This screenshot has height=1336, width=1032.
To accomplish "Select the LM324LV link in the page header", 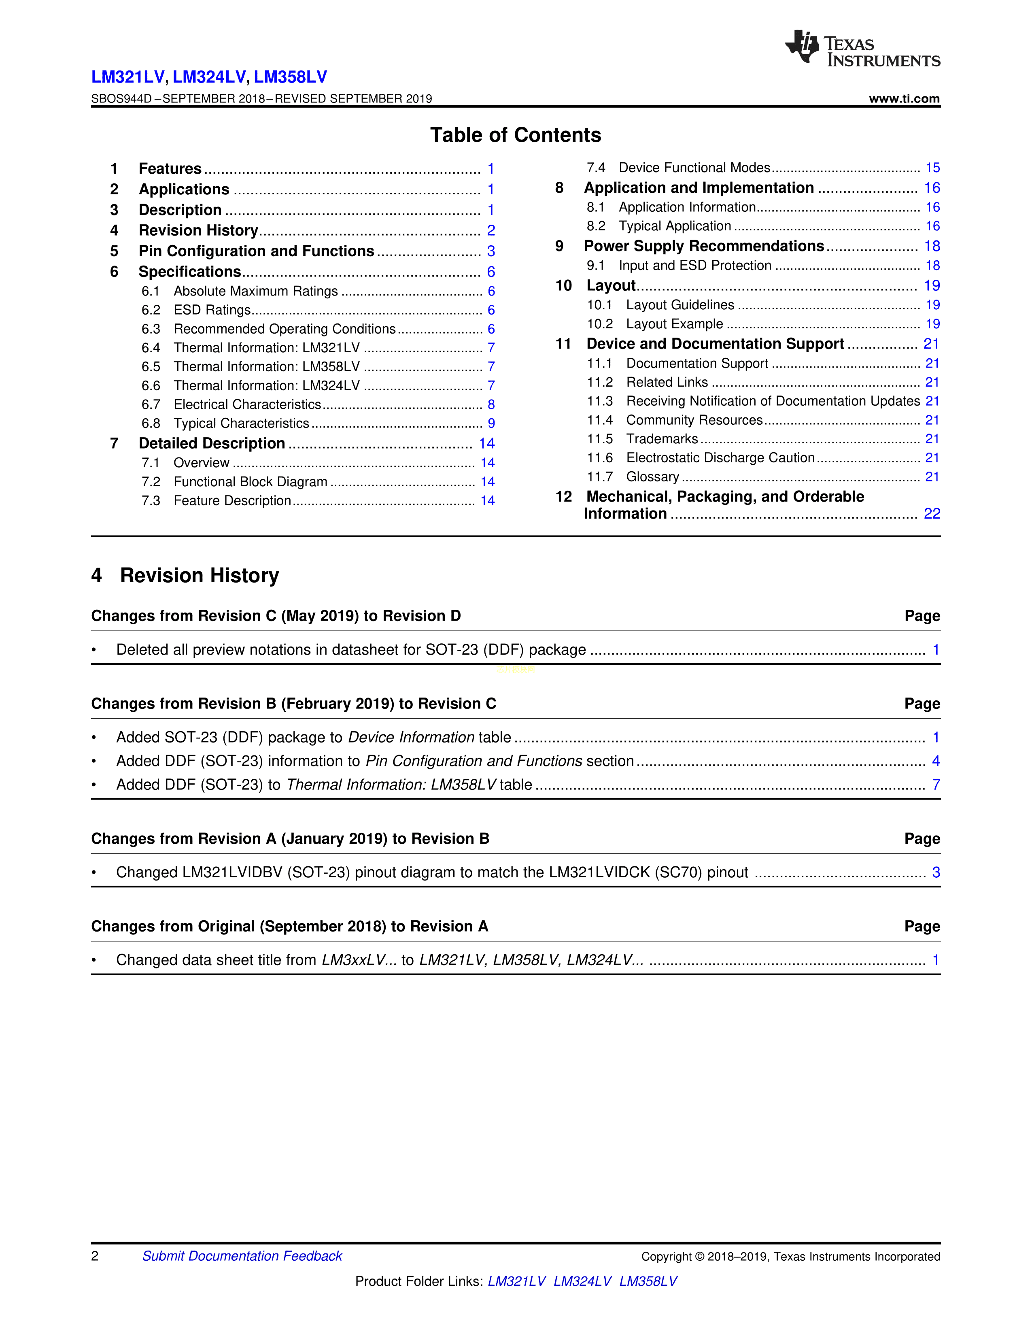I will [x=209, y=77].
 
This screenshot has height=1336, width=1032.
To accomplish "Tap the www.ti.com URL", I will [x=904, y=98].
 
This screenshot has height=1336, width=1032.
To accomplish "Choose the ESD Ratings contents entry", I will [x=212, y=310].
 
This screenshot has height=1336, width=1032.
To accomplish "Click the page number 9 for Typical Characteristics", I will [x=491, y=423].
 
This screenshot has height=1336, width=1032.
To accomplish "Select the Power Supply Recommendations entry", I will [x=704, y=246].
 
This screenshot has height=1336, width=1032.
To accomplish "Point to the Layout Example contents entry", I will [x=674, y=324].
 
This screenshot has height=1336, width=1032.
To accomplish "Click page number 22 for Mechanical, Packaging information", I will [x=932, y=514].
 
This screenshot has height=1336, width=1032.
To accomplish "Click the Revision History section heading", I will [x=199, y=576].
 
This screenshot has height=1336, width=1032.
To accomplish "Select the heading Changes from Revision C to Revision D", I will [x=276, y=616].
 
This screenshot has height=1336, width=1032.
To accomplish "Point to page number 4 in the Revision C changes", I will [x=935, y=761].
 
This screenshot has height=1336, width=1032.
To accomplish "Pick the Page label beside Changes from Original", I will [x=922, y=927].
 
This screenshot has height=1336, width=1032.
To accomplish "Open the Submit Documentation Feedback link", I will [x=242, y=1256].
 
